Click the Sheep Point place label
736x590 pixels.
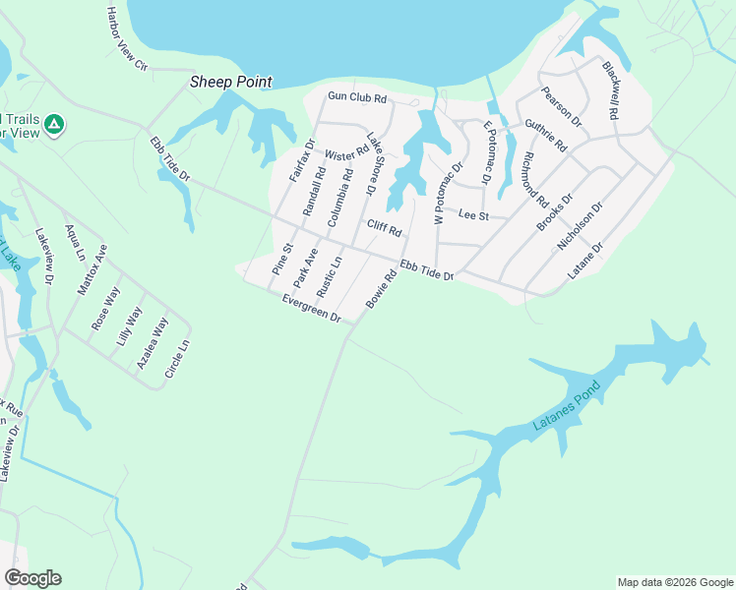click(x=230, y=83)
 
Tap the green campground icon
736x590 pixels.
click(x=56, y=124)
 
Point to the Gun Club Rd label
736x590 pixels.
click(x=357, y=98)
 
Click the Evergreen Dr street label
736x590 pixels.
click(x=310, y=309)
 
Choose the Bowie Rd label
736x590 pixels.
click(x=381, y=289)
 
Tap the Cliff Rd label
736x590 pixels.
click(x=385, y=229)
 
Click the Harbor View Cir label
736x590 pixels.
click(x=127, y=38)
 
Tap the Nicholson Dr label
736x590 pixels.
click(x=580, y=224)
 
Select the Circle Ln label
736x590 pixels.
click(x=177, y=359)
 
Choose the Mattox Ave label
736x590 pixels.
click(x=92, y=269)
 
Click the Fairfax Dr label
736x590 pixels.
click(x=301, y=159)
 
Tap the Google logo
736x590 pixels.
click(x=32, y=578)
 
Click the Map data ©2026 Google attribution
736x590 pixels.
click(x=675, y=582)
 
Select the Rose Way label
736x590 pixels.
click(x=106, y=308)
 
